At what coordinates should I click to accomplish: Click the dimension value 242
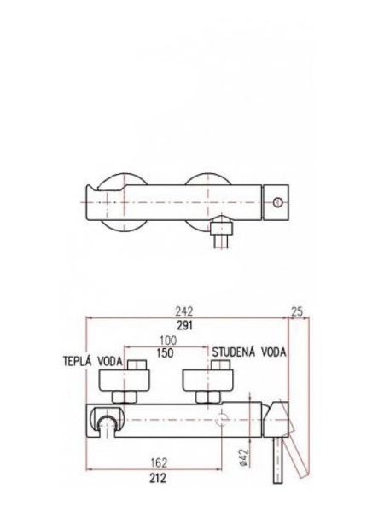[183, 312]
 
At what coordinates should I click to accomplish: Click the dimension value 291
[183, 325]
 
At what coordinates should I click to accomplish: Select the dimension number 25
[297, 312]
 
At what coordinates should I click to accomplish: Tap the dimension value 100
[167, 340]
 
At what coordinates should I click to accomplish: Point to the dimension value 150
[167, 352]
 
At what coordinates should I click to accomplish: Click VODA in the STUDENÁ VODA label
[274, 351]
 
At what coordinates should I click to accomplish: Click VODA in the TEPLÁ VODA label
[112, 361]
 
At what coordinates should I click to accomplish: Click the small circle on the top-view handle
[277, 201]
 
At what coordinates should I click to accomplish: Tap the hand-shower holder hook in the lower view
[106, 424]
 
